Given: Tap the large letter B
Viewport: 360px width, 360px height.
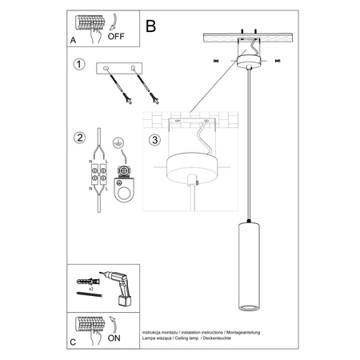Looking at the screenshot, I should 151,26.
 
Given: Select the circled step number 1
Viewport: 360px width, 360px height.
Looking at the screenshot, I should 78,64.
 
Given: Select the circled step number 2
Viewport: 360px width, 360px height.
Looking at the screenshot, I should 78,137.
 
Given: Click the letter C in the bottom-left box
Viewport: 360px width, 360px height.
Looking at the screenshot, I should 74,341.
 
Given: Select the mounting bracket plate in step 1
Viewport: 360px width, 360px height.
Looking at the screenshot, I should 118,69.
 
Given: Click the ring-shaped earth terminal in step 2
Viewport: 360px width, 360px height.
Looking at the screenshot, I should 122,190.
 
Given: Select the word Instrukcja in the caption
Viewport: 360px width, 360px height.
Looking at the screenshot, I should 153,331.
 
